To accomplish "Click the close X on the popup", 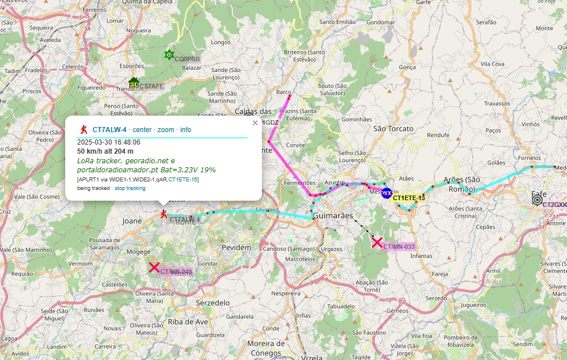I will (255, 122).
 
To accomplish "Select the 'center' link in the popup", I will (142, 130).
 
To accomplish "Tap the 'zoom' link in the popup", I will (166, 130).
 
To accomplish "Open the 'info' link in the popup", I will (185, 130).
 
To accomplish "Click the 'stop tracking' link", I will (130, 188).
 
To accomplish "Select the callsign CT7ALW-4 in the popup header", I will (109, 130).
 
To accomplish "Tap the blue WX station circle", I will (387, 193).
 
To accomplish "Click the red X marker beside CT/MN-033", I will (376, 243).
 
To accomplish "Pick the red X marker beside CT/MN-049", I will (154, 268).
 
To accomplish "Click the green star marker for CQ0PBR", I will (168, 55).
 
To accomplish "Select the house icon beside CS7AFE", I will (134, 83).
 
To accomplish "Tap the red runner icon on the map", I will (164, 214).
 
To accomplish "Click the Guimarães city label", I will (333, 216).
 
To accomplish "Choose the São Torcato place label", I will (393, 129).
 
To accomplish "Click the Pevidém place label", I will (236, 248).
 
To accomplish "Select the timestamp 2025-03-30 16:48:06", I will (108, 142).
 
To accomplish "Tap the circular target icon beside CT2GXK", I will (536, 199).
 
